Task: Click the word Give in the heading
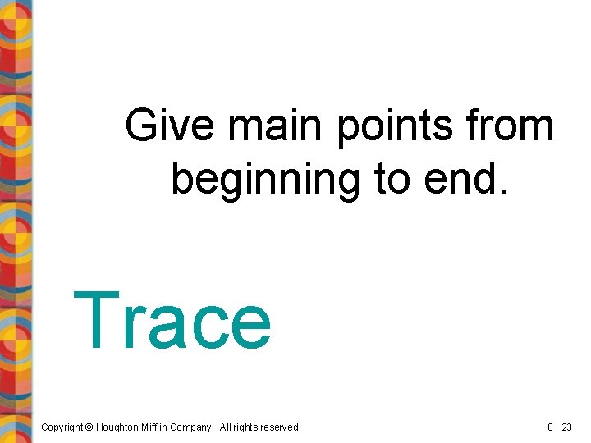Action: [x=171, y=127]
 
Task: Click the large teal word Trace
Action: [x=172, y=321]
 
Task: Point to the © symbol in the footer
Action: [x=89, y=427]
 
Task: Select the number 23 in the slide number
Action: [x=567, y=427]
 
